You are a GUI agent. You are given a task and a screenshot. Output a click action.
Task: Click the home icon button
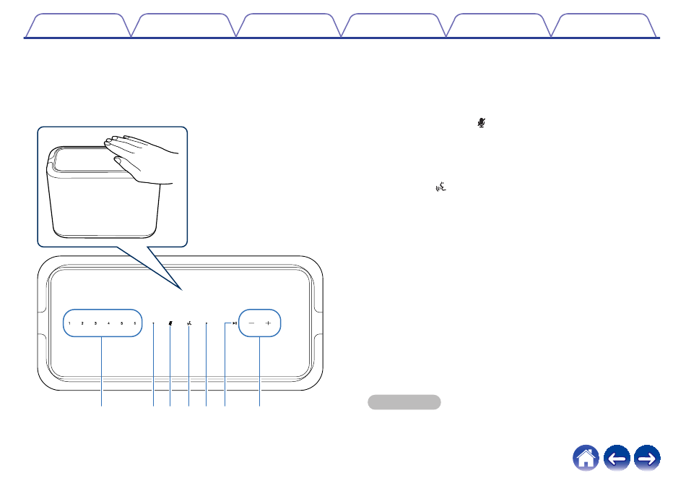tap(586, 458)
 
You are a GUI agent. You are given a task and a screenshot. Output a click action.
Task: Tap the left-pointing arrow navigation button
tap(617, 458)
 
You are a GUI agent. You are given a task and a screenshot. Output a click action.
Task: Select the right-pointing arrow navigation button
tap(647, 458)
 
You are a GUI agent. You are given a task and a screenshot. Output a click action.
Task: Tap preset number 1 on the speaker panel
tap(70, 323)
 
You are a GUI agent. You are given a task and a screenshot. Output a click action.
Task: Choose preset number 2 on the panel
tap(82, 323)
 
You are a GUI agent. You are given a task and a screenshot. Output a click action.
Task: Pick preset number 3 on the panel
tap(95, 323)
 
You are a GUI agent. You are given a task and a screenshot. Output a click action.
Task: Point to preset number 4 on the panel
tap(108, 323)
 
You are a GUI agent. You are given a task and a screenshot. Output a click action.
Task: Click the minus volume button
tap(251, 323)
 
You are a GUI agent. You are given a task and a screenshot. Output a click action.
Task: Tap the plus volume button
tap(268, 323)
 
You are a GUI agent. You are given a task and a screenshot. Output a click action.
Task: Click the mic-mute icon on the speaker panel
tap(170, 323)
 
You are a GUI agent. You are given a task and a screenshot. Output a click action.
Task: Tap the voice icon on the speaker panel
tap(188, 323)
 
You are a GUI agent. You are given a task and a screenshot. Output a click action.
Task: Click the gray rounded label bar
tap(404, 402)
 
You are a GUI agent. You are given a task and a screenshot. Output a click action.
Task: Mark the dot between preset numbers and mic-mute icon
tap(153, 323)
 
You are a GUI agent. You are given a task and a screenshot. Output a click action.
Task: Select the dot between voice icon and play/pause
tap(207, 323)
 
